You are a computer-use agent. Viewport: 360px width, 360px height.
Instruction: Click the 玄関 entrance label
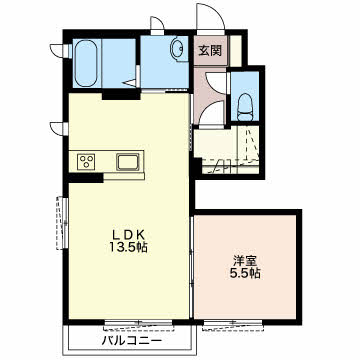(210, 51)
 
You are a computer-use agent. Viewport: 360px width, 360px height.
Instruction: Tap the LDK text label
(129, 235)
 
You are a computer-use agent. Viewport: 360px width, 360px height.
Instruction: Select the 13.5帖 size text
(129, 247)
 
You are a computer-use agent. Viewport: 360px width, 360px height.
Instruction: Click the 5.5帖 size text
(245, 273)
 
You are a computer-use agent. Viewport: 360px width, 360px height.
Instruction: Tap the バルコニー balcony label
(132, 341)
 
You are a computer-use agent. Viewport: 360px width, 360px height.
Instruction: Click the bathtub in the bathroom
(86, 63)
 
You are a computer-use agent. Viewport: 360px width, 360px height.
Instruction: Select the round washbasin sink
(177, 50)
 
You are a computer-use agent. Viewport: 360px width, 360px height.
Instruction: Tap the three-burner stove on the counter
(86, 162)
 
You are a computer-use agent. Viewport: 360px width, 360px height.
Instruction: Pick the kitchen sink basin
(128, 162)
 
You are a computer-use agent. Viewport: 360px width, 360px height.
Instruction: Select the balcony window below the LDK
(138, 324)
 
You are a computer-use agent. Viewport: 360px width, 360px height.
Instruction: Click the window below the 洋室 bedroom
(233, 324)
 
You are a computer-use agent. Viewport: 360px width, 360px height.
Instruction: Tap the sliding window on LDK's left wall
(62, 223)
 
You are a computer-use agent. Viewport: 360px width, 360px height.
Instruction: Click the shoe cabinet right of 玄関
(236, 50)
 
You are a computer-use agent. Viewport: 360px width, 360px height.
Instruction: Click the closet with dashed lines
(227, 150)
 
